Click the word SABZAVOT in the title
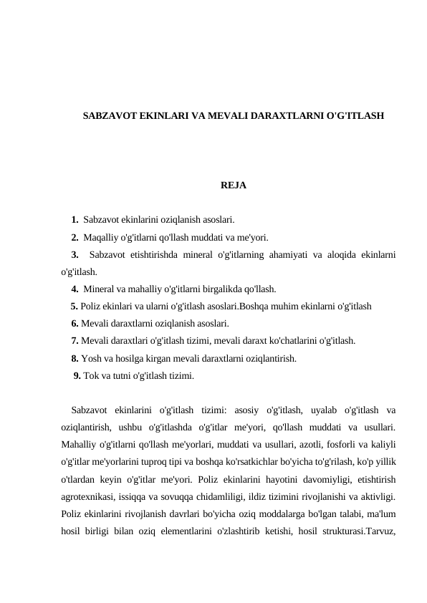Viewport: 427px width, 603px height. point(106,115)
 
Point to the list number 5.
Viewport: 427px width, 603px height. point(75,306)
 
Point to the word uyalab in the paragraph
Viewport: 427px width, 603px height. point(319,410)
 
